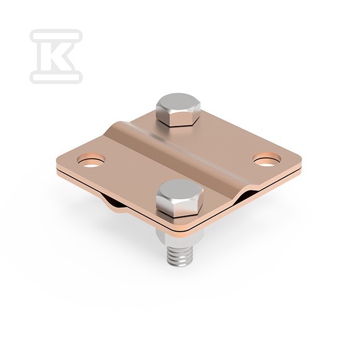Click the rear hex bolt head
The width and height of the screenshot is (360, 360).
tap(178, 110)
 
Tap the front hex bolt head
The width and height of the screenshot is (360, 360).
tap(179, 198)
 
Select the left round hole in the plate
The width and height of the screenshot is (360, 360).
tap(91, 160)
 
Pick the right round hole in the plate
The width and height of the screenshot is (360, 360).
tap(267, 159)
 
